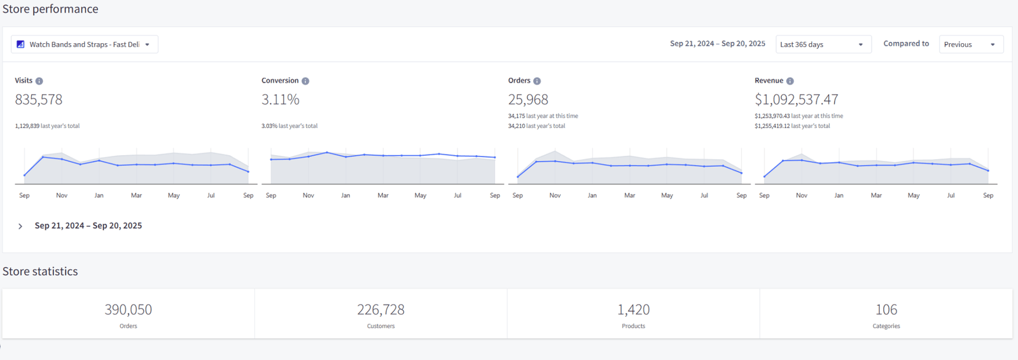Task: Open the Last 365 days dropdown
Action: [x=823, y=44]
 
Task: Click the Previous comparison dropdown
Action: [x=971, y=44]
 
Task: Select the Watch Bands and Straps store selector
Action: [x=85, y=44]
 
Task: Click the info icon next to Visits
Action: [x=39, y=81]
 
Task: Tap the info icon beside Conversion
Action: [x=305, y=81]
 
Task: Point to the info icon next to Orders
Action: [x=537, y=81]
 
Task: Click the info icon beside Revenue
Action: [x=790, y=81]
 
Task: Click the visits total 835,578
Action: [x=39, y=99]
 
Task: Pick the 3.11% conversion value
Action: [x=281, y=99]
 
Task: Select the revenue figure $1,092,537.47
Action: [x=797, y=99]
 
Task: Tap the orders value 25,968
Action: [x=528, y=99]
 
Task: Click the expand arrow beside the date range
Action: [x=20, y=226]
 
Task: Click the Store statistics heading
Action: [x=40, y=272]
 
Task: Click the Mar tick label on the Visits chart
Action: [x=136, y=195]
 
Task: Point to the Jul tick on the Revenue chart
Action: [x=951, y=195]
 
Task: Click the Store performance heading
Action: [x=50, y=9]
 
